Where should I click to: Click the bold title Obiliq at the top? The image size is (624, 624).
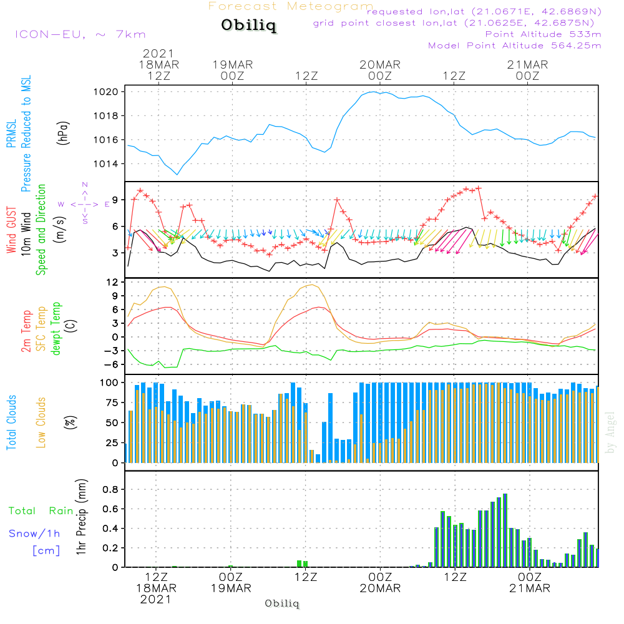pos(248,26)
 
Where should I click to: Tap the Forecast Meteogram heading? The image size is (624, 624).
pos(291,6)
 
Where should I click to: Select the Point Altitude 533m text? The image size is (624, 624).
pos(543,34)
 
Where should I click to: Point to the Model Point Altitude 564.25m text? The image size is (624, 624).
pos(514,46)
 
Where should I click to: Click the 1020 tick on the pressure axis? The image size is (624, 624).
pos(113,92)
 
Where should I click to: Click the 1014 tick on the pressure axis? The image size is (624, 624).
pos(113,164)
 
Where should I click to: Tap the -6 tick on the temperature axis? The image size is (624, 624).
pos(115,364)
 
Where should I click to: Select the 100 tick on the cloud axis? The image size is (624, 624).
pos(110,382)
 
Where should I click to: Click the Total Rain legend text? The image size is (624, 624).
pos(41,511)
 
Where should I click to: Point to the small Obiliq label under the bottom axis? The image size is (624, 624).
pos(282,603)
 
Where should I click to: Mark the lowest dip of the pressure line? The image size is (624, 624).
pos(177,174)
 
